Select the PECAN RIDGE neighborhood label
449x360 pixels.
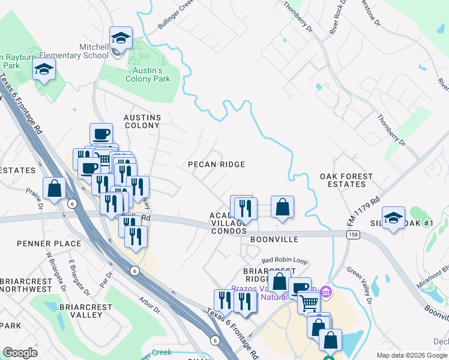[216, 164]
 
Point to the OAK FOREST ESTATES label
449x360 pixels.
[346, 181]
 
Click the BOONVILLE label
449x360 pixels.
[274, 239]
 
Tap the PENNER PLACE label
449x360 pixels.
[41, 244]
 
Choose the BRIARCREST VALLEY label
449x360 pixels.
[86, 311]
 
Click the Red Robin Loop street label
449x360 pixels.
[285, 261]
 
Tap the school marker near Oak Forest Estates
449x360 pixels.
[393, 218]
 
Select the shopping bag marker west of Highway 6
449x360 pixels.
[55, 188]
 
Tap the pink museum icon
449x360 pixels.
[326, 292]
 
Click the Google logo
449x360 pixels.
[20, 352]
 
